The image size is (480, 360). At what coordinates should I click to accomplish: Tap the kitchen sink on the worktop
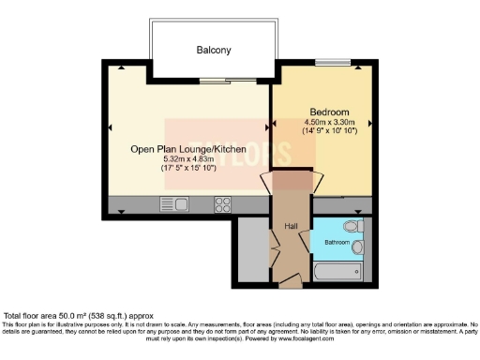[174, 203]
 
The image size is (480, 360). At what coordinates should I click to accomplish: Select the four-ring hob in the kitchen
[224, 203]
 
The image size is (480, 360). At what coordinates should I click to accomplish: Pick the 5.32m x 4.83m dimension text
[188, 159]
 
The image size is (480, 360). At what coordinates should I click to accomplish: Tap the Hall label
[291, 226]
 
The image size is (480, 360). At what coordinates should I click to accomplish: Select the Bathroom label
[338, 242]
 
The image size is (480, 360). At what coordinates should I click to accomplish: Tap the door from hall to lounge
[266, 182]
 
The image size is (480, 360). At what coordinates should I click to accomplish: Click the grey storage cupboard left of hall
[252, 248]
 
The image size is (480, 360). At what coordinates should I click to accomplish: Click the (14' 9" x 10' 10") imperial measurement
[323, 132]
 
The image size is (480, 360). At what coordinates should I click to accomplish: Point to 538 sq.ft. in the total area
[112, 317]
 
